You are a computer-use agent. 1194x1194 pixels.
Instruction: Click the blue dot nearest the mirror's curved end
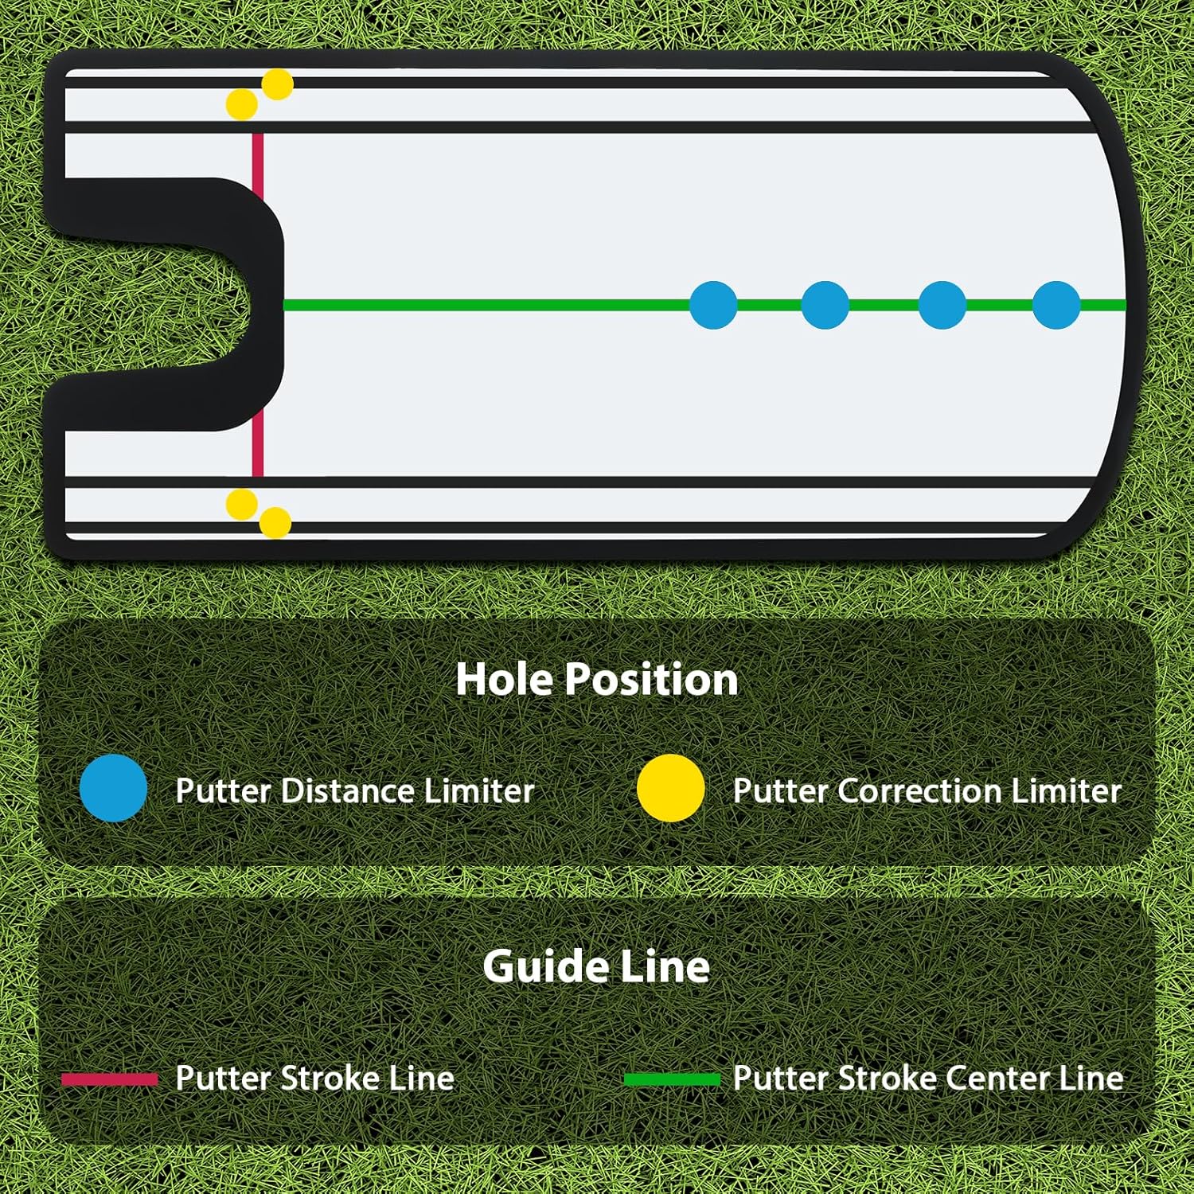1056,305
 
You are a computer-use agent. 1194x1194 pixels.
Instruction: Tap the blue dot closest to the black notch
713,305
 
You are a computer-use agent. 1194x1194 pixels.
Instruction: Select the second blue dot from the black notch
825,305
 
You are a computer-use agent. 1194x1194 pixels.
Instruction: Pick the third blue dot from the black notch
942,305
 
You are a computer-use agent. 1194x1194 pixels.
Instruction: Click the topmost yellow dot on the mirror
277,84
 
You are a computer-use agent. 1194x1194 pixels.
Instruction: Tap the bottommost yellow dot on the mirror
275,523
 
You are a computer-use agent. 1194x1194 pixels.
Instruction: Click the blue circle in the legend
114,788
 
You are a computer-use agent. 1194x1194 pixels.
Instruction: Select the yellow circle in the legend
671,788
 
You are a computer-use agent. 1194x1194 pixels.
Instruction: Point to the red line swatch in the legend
110,1079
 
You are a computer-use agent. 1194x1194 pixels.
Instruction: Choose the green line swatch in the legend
672,1079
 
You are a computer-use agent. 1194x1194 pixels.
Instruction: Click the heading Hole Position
597,679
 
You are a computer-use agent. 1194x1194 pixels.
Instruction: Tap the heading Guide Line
596,966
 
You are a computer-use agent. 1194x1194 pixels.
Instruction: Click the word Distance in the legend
347,791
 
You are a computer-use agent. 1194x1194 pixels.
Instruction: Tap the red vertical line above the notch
258,155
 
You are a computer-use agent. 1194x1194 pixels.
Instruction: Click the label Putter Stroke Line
314,1079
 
